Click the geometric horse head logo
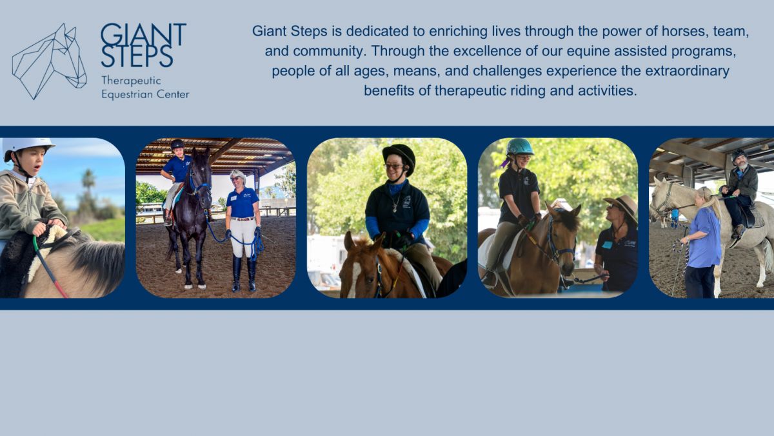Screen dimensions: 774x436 pyautogui.click(x=48, y=61)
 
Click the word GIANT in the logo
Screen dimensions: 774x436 pyautogui.click(x=143, y=35)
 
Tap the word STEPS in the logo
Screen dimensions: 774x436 pyautogui.click(x=137, y=56)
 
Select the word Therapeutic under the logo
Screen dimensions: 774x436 pyautogui.click(x=131, y=81)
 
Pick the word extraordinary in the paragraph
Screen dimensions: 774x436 pyautogui.click(x=687, y=71)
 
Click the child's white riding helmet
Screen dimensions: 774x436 pyautogui.click(x=27, y=146)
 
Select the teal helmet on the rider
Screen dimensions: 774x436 pyautogui.click(x=520, y=147)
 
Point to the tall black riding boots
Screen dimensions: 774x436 pyautogui.click(x=244, y=273)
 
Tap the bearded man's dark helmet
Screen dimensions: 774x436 pyautogui.click(x=738, y=155)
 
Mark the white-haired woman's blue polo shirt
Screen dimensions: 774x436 pyautogui.click(x=243, y=203)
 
